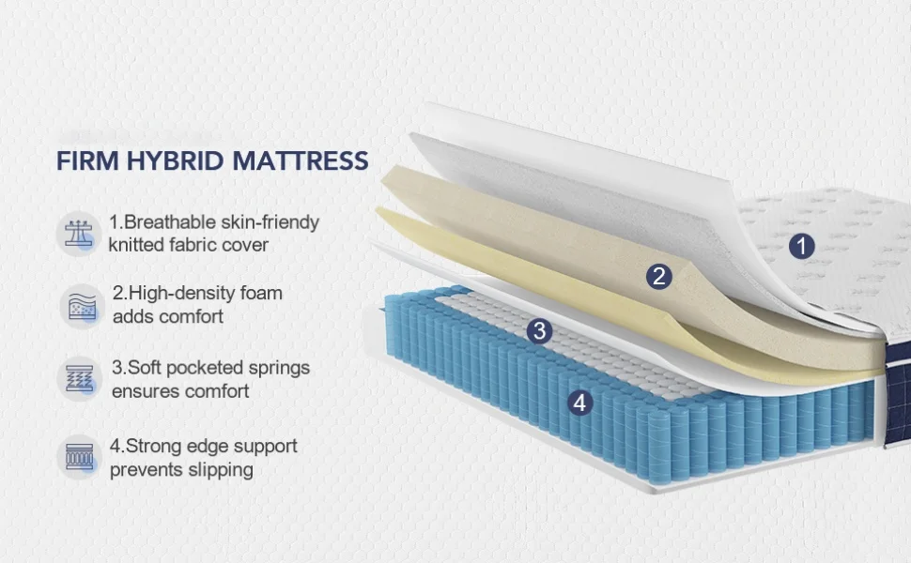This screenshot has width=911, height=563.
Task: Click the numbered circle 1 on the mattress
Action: (801, 247)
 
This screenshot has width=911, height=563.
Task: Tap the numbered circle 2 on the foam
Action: (659, 276)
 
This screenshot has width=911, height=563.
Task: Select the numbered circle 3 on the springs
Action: (538, 330)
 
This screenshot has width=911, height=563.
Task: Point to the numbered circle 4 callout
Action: (580, 403)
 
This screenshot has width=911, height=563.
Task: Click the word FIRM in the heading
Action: (87, 160)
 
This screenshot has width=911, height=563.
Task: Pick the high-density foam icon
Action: (79, 305)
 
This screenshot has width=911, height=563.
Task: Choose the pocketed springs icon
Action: (79, 378)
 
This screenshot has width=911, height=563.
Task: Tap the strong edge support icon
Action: (79, 457)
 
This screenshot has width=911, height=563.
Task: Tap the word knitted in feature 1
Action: (139, 245)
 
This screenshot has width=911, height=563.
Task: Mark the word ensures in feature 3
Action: (144, 390)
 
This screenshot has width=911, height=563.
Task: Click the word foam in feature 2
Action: (261, 293)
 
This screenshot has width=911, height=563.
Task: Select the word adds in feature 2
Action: (132, 316)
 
